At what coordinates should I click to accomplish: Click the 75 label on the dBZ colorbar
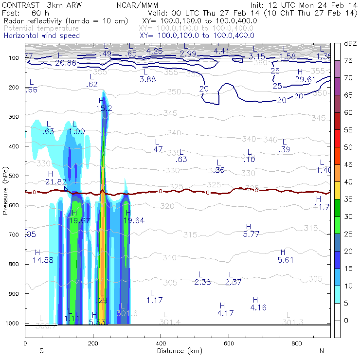[x=348, y=60]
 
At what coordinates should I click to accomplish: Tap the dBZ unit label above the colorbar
[x=350, y=44]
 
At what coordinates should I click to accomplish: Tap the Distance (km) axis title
[x=177, y=350]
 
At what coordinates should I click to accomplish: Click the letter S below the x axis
[x=41, y=350]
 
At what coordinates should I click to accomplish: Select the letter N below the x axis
[x=322, y=350]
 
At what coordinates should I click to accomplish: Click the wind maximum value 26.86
[x=65, y=63]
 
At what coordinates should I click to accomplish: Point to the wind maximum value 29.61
[x=306, y=79]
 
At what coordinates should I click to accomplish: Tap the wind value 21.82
[x=56, y=181]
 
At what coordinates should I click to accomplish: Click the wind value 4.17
[x=226, y=313]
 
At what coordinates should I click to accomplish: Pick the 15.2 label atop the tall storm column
[x=104, y=108]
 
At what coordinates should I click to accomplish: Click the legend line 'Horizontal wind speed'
[x=41, y=36]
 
